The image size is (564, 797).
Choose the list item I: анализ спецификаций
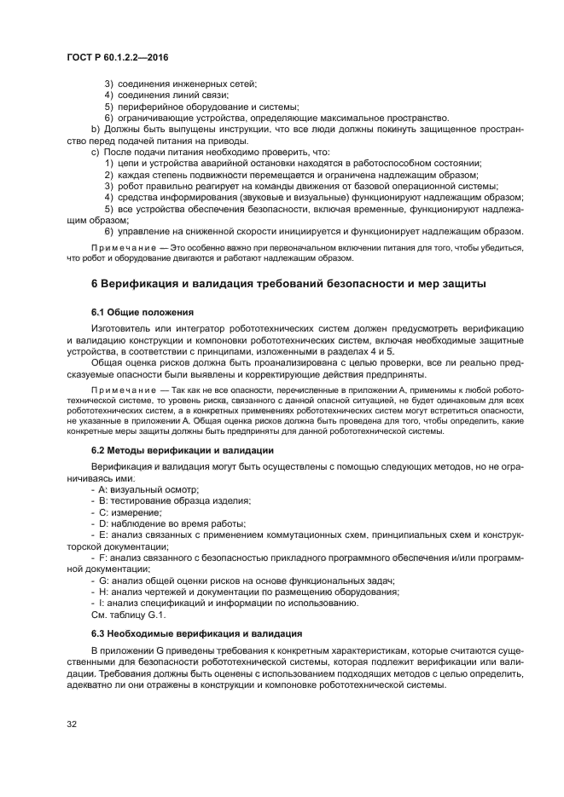(x=227, y=603)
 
